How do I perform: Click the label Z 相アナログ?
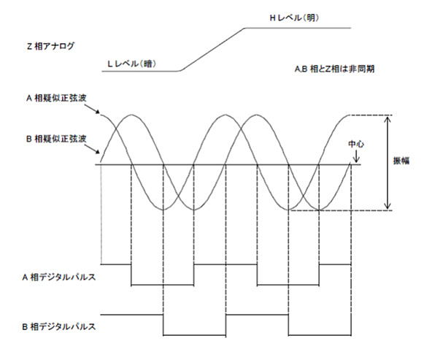point(50,46)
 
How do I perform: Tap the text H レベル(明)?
point(294,18)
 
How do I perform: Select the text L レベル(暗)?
point(131,64)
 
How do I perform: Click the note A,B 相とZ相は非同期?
point(334,69)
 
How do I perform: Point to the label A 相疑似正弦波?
point(56,98)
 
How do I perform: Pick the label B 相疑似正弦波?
point(56,139)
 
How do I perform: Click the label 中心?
point(356,144)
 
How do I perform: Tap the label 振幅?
point(401,161)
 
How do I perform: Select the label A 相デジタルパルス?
point(59,277)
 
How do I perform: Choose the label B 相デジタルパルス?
point(59,326)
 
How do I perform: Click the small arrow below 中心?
point(356,156)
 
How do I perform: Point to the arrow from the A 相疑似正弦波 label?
point(92,109)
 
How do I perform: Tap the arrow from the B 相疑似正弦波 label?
point(92,149)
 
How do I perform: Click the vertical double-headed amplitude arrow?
point(388,163)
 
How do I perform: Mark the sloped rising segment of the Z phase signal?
point(212,50)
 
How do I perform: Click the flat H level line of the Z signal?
point(298,28)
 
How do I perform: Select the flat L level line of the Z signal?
point(141,71)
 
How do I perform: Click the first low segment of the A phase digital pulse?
point(162,285)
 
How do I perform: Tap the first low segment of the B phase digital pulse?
point(194,335)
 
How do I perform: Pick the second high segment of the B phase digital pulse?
point(257,315)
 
